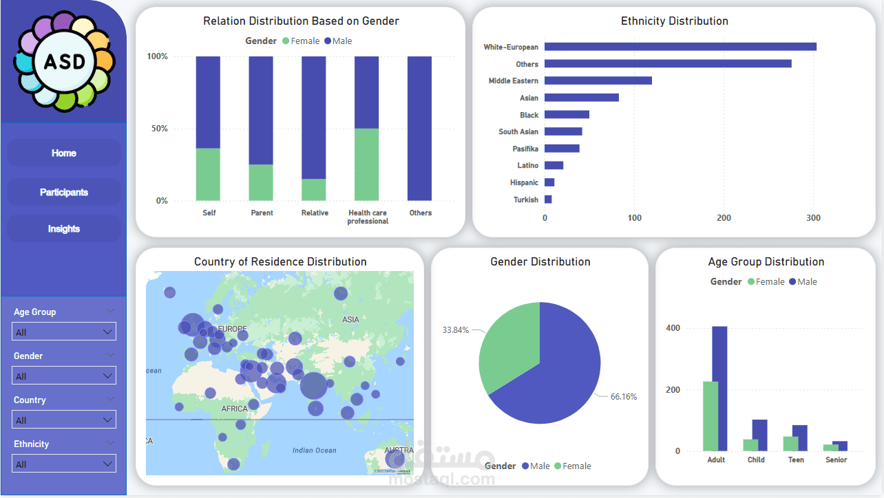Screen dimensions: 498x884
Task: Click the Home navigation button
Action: click(64, 153)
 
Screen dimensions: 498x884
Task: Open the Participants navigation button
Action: click(64, 192)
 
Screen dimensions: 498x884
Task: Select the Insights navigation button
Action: click(64, 228)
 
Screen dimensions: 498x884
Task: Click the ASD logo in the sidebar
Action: click(64, 62)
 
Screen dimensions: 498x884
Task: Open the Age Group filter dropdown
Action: click(64, 332)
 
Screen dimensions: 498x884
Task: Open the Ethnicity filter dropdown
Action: click(64, 464)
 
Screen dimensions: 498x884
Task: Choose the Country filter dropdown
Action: click(64, 420)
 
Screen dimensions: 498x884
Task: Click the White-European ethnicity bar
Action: click(680, 47)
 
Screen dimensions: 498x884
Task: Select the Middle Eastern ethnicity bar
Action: click(598, 80)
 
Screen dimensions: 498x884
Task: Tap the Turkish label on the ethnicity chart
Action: click(526, 199)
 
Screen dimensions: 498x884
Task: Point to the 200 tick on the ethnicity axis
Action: click(724, 218)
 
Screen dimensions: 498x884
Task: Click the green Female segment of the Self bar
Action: click(208, 174)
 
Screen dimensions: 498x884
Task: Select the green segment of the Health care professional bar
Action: click(367, 164)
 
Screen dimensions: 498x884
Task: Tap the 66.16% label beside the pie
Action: click(624, 397)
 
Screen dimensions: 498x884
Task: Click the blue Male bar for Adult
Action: click(719, 389)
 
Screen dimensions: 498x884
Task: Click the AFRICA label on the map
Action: click(234, 409)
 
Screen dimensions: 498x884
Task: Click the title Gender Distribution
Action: click(540, 261)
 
